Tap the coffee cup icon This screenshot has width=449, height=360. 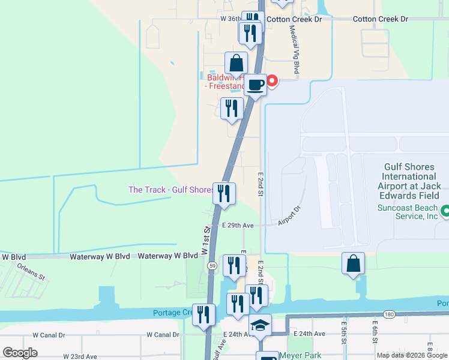pyautogui.click(x=255, y=85)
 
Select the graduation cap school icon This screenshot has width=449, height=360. pyautogui.click(x=260, y=325)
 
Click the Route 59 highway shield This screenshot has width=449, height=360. pyautogui.click(x=212, y=265)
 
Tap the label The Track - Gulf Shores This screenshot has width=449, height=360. pyautogui.click(x=171, y=190)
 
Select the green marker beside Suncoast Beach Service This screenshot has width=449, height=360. pyautogui.click(x=445, y=211)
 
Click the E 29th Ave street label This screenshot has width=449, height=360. pyautogui.click(x=238, y=226)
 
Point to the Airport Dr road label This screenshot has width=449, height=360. pyautogui.click(x=289, y=218)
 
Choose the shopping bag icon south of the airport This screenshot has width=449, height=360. pyautogui.click(x=353, y=263)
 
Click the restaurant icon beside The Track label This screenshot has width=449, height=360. pyautogui.click(x=223, y=193)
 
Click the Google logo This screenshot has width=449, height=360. pyautogui.click(x=20, y=353)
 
